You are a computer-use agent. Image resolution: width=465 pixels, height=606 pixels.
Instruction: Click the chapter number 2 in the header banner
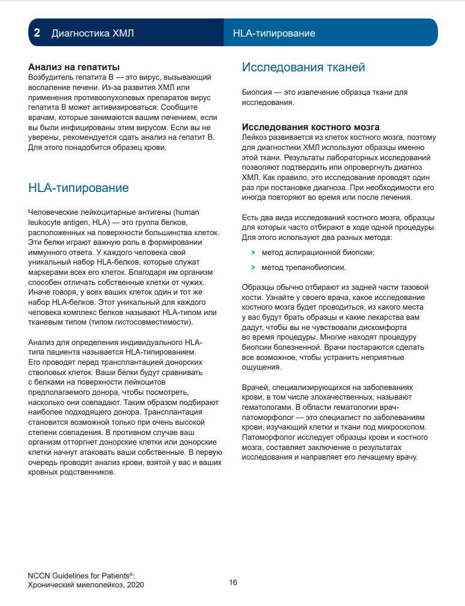click(37, 33)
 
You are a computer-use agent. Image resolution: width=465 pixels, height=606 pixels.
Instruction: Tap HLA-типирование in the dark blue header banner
click(273, 33)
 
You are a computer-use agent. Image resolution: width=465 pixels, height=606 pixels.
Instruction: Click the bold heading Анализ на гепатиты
click(74, 67)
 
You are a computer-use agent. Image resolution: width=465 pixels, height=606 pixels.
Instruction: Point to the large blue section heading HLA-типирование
click(78, 188)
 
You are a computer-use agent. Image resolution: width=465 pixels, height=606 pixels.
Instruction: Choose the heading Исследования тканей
click(303, 67)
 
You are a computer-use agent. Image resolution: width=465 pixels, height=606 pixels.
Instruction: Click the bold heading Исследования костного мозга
click(310, 127)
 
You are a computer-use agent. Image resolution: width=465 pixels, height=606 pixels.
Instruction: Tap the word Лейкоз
click(255, 137)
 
